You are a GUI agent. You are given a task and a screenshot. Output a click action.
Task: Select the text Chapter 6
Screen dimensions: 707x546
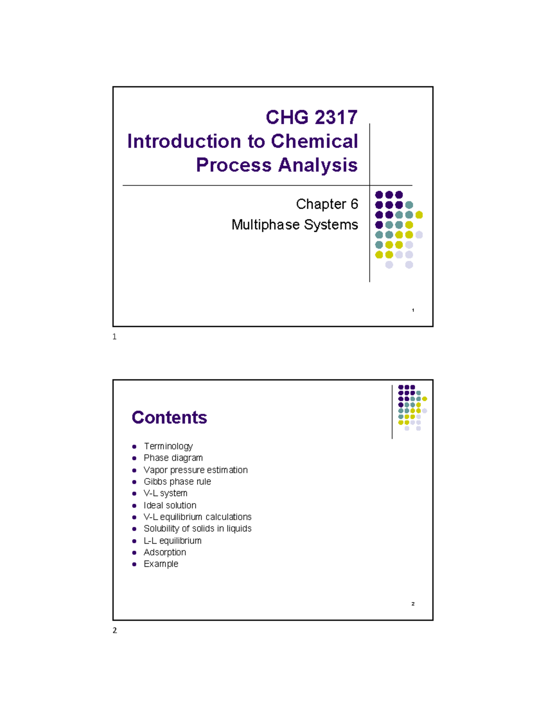(x=327, y=204)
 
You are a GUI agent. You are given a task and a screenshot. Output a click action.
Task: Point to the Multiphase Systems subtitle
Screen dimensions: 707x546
(x=294, y=224)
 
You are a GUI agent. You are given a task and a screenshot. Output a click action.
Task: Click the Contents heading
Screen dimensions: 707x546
(x=169, y=417)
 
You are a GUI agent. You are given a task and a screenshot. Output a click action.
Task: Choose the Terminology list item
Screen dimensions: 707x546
(x=168, y=446)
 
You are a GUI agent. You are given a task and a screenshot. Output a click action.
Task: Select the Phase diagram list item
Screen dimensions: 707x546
(x=173, y=458)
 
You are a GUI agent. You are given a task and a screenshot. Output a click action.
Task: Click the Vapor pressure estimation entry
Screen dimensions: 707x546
(x=196, y=470)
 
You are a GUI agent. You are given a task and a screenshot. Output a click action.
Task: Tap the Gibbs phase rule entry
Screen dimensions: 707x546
(x=177, y=482)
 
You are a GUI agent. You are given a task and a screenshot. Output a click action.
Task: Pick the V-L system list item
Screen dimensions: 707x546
(x=165, y=493)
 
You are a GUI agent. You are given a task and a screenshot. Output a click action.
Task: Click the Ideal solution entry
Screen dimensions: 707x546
(x=170, y=505)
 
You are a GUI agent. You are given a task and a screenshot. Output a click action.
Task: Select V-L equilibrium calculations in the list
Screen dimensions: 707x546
(x=197, y=517)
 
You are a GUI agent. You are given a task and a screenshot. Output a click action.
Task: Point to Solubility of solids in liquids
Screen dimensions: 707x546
(x=197, y=529)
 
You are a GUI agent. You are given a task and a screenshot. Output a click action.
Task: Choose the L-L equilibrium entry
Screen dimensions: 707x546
(x=172, y=541)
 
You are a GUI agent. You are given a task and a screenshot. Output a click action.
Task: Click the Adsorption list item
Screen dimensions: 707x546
(x=165, y=552)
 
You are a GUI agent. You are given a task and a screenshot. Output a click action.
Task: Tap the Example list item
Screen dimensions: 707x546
(x=161, y=564)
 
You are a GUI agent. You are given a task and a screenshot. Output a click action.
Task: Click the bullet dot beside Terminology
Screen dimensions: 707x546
(x=134, y=447)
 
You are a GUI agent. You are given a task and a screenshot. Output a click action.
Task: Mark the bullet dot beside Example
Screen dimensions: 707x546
(x=134, y=565)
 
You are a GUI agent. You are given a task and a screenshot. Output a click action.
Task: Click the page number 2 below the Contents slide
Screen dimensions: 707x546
(x=115, y=631)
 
